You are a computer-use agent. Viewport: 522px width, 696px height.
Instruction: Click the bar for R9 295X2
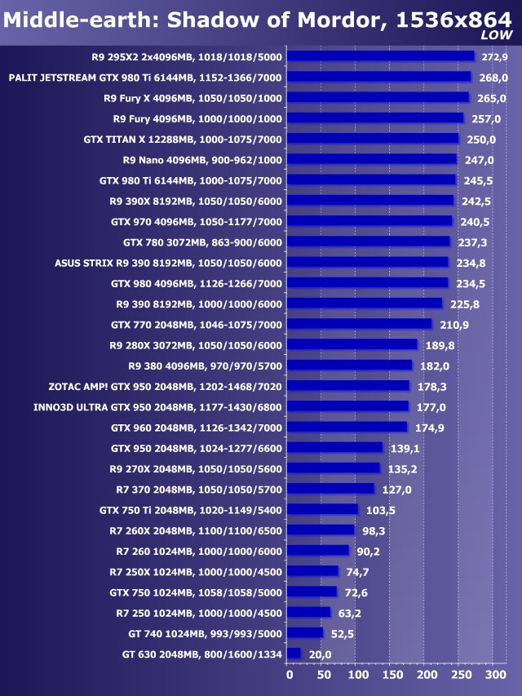pos(382,56)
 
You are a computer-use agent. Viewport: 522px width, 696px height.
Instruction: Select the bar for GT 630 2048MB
pos(295,654)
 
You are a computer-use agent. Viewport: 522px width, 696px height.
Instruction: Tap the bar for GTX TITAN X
pos(374,139)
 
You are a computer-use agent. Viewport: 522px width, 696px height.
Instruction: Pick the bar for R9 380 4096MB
pos(351,365)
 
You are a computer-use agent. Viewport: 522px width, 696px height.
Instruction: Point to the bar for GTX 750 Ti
pos(324,509)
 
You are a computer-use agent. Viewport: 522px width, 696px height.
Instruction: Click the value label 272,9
pos(495,57)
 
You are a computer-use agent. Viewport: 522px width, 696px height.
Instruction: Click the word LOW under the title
pos(496,35)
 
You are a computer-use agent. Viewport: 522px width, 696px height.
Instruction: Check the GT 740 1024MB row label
pos(205,633)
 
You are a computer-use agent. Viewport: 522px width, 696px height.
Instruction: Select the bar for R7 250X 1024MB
pos(314,571)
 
